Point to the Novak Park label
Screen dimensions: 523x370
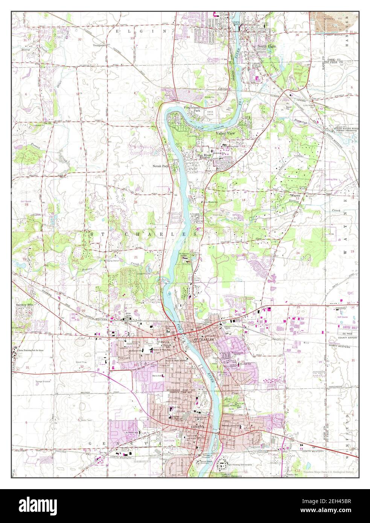(x=160, y=166)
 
